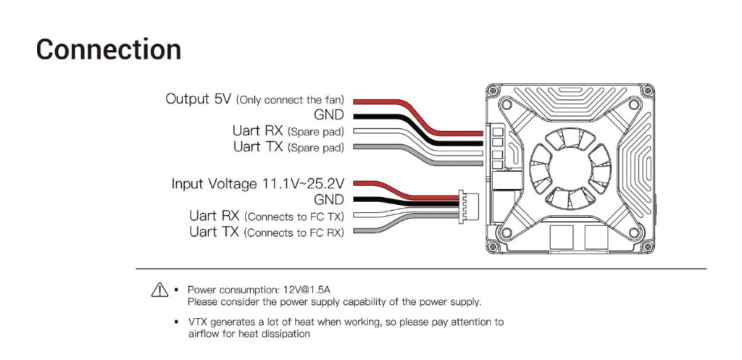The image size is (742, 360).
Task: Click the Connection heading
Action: click(109, 49)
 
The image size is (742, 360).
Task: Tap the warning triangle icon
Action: click(159, 290)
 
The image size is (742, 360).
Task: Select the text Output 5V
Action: click(199, 99)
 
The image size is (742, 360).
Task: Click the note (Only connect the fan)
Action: click(290, 100)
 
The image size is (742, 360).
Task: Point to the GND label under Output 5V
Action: click(329, 115)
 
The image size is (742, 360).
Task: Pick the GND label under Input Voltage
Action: click(329, 199)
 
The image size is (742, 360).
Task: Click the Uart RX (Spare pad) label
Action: click(288, 131)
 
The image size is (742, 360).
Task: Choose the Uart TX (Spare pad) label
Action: click(288, 147)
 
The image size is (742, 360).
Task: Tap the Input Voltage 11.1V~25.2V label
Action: click(258, 183)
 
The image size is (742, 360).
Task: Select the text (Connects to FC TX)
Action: click(294, 217)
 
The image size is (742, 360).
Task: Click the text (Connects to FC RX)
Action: click(294, 233)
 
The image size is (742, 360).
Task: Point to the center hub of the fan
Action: click(570, 169)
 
